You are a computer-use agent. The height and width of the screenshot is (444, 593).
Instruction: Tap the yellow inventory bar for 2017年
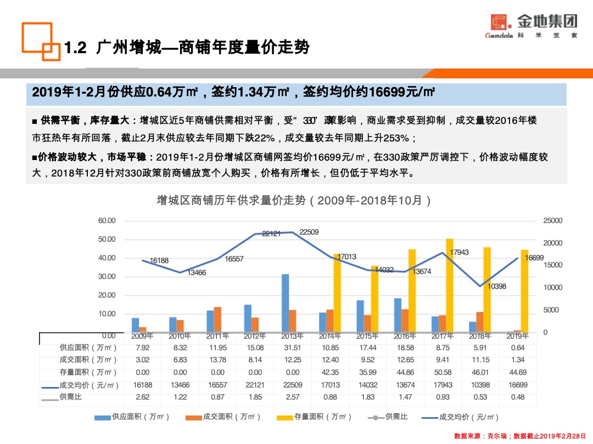pyautogui.click(x=450, y=285)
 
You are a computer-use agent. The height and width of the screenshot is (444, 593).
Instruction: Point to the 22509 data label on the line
pyautogui.click(x=309, y=232)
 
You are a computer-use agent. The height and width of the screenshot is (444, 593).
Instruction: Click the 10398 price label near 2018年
pyautogui.click(x=497, y=286)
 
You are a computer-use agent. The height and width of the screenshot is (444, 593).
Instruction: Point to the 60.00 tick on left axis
pyautogui.click(x=107, y=220)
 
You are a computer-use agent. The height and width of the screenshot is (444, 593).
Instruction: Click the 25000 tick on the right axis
pyautogui.click(x=552, y=220)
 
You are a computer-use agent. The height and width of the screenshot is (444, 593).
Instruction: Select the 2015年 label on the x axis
pyautogui.click(x=367, y=336)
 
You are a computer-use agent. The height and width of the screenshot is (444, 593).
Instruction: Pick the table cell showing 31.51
pyautogui.click(x=292, y=348)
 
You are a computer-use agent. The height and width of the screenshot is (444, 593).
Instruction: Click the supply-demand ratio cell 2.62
pyautogui.click(x=142, y=397)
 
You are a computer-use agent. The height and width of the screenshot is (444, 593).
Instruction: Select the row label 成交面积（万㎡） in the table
pyautogui.click(x=88, y=360)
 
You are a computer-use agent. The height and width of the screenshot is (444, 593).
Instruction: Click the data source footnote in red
pyautogui.click(x=520, y=436)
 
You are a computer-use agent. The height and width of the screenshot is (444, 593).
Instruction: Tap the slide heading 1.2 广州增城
pyautogui.click(x=187, y=48)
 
